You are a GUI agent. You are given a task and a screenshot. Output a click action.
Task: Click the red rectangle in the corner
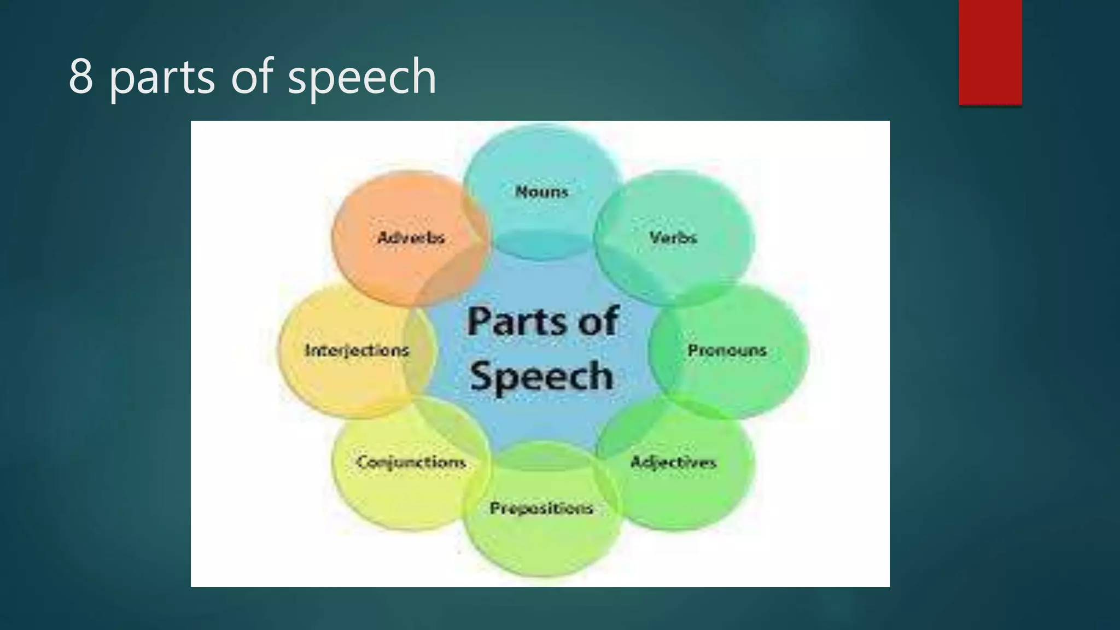[x=990, y=52]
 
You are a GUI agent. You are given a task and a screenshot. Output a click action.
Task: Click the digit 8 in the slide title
[x=80, y=77]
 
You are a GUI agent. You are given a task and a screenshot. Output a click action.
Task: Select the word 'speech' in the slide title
[x=362, y=78]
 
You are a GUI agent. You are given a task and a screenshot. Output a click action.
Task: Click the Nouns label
[x=541, y=191]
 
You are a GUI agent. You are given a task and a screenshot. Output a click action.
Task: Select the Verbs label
[x=673, y=237]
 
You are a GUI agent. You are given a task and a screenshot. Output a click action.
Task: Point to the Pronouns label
[x=727, y=350]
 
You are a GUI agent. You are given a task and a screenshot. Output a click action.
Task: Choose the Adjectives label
[x=673, y=462]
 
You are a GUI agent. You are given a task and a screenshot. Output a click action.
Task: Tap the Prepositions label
[x=541, y=508]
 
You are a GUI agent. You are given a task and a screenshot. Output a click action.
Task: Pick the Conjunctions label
[x=411, y=462]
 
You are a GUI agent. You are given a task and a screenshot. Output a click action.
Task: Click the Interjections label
[x=357, y=350]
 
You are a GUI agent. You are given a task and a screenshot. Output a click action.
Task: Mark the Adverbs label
[x=411, y=237]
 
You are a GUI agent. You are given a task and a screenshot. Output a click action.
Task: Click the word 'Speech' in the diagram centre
[x=541, y=376]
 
